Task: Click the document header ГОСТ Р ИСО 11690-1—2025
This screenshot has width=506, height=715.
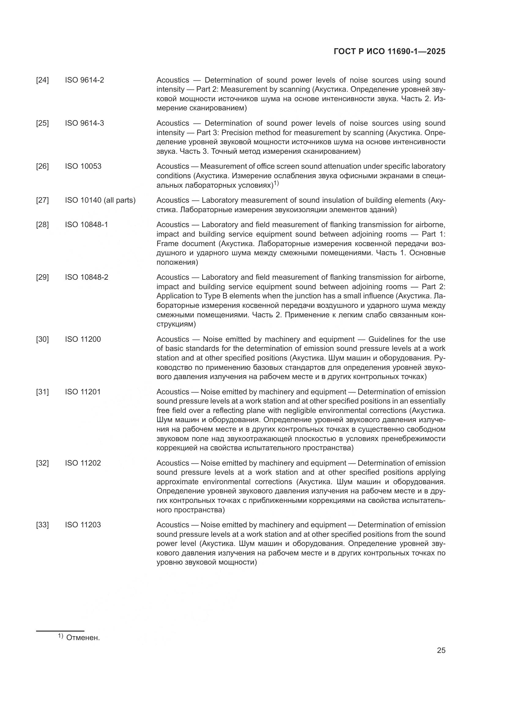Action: pyautogui.click(x=389, y=51)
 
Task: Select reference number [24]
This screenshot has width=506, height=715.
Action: pyautogui.click(x=43, y=80)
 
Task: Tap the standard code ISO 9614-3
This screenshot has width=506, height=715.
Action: pyautogui.click(x=84, y=123)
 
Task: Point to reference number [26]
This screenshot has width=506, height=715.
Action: pyautogui.click(x=43, y=166)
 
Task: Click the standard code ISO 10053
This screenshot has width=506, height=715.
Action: pyautogui.click(x=83, y=166)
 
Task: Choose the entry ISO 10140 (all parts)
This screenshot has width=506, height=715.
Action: pyautogui.click(x=100, y=200)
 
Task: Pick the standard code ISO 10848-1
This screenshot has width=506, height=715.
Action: pyautogui.click(x=87, y=225)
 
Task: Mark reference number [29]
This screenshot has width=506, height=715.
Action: pyautogui.click(x=43, y=278)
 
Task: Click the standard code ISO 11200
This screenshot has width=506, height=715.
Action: pyautogui.click(x=83, y=339)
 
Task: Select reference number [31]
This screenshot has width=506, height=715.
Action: pyautogui.click(x=43, y=392)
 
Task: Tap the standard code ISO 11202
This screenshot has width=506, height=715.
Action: pyautogui.click(x=83, y=463)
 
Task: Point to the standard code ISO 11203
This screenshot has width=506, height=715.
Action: pyautogui.click(x=83, y=525)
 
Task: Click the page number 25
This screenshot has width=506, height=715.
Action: pyautogui.click(x=441, y=651)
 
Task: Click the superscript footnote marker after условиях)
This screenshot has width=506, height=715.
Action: pyautogui.click(x=276, y=184)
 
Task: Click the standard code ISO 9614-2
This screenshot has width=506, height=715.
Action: pyautogui.click(x=84, y=80)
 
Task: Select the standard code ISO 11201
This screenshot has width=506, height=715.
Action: pyautogui.click(x=83, y=392)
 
